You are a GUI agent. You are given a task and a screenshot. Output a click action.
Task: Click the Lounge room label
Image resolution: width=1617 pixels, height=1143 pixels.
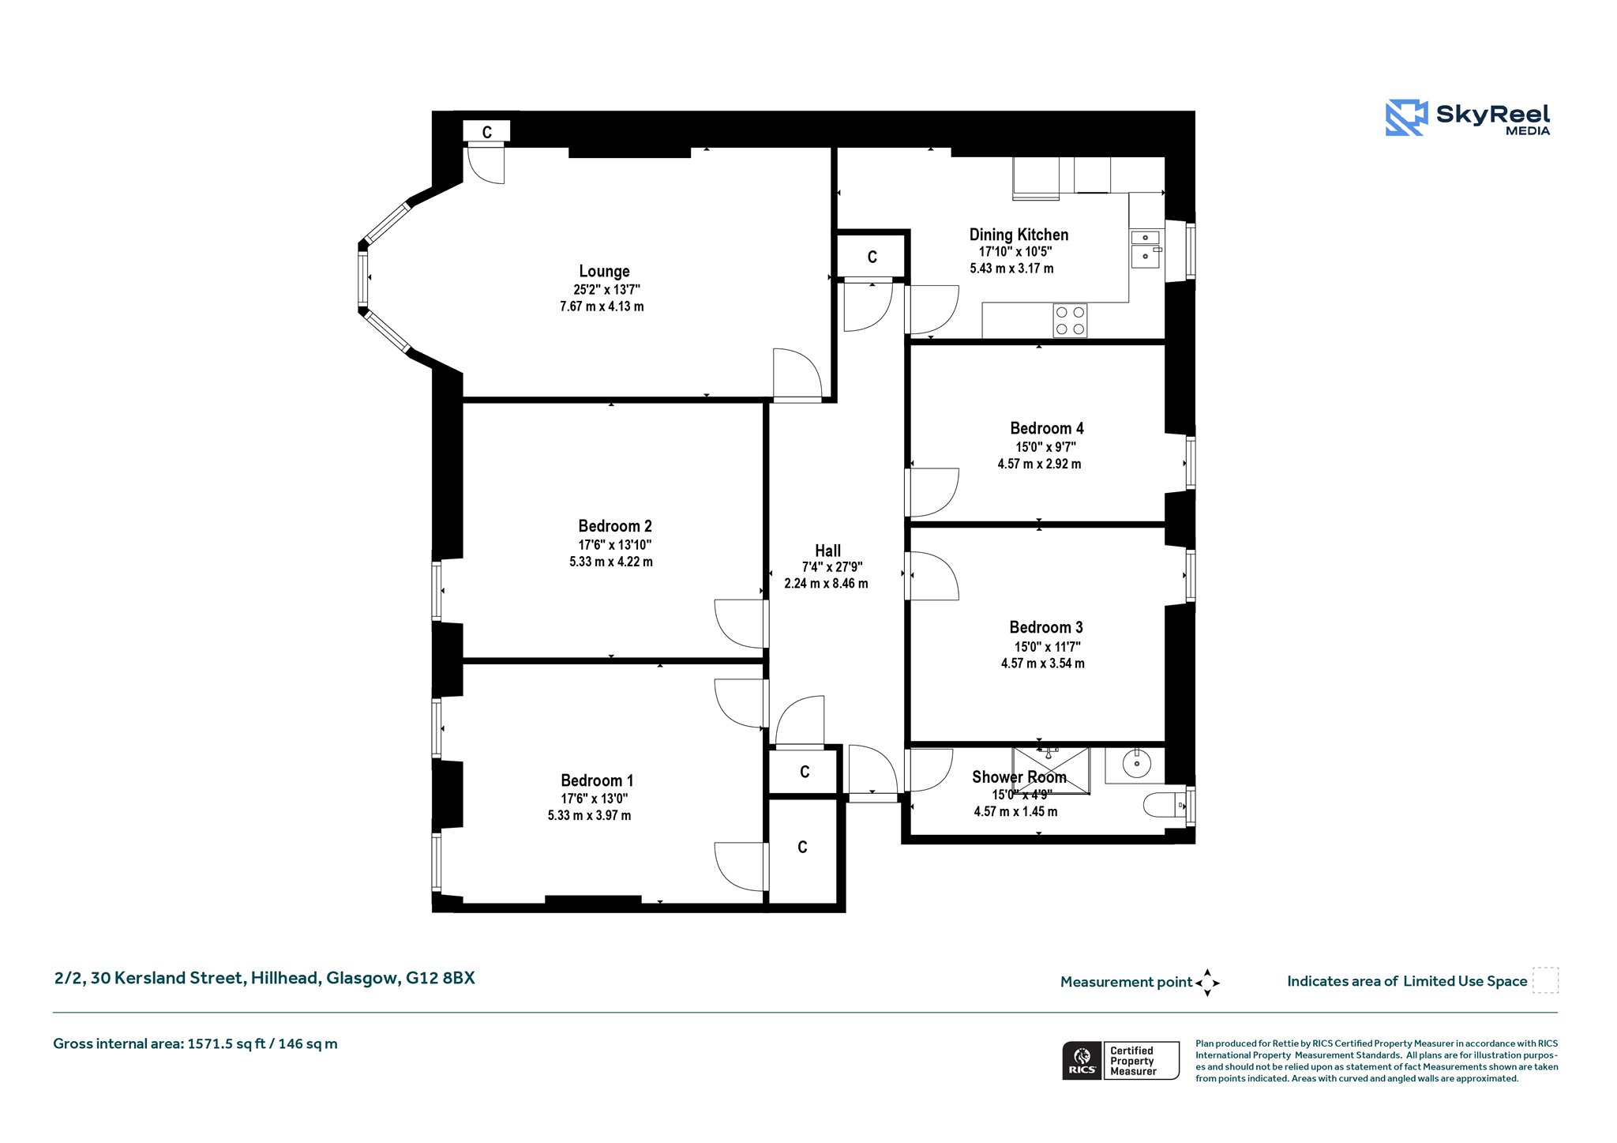(604, 272)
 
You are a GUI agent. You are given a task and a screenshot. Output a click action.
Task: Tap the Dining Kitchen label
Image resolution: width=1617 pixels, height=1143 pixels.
(1019, 235)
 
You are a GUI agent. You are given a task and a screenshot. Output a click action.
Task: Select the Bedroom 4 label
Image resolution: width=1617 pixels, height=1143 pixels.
(1047, 428)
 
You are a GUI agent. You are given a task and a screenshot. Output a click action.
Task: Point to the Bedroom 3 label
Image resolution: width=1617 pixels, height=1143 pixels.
(1046, 627)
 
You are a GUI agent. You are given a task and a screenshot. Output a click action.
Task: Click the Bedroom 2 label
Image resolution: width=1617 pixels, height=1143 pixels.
(615, 526)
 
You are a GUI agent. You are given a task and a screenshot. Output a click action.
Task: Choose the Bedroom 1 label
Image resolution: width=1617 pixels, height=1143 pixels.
(597, 780)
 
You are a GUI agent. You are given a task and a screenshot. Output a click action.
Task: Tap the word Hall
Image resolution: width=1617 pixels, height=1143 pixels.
(827, 551)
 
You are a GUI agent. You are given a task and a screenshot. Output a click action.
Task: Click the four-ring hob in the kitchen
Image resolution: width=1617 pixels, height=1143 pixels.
(1070, 321)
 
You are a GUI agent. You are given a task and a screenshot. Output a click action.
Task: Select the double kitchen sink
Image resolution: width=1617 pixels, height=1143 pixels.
(1145, 249)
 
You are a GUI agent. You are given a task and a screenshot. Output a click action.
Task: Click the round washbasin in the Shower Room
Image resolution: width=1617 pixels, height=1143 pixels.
(1136, 764)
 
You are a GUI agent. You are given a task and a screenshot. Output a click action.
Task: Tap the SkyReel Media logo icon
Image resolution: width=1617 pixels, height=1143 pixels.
(1406, 118)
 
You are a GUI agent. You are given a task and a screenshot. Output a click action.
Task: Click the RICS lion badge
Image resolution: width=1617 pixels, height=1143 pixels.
(1082, 1060)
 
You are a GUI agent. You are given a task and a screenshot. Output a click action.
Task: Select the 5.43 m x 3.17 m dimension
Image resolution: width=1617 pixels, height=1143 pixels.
(1011, 269)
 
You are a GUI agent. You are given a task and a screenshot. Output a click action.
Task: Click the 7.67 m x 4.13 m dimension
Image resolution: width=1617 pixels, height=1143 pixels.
(602, 306)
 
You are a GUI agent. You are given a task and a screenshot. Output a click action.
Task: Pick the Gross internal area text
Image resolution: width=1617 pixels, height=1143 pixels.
(195, 1043)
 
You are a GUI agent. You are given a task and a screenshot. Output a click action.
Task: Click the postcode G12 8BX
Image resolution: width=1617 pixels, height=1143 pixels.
(441, 978)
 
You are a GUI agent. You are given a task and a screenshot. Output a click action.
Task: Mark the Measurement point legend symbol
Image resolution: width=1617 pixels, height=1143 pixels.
(1207, 983)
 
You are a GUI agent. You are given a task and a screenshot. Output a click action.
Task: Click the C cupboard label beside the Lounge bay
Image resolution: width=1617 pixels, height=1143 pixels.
(487, 132)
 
